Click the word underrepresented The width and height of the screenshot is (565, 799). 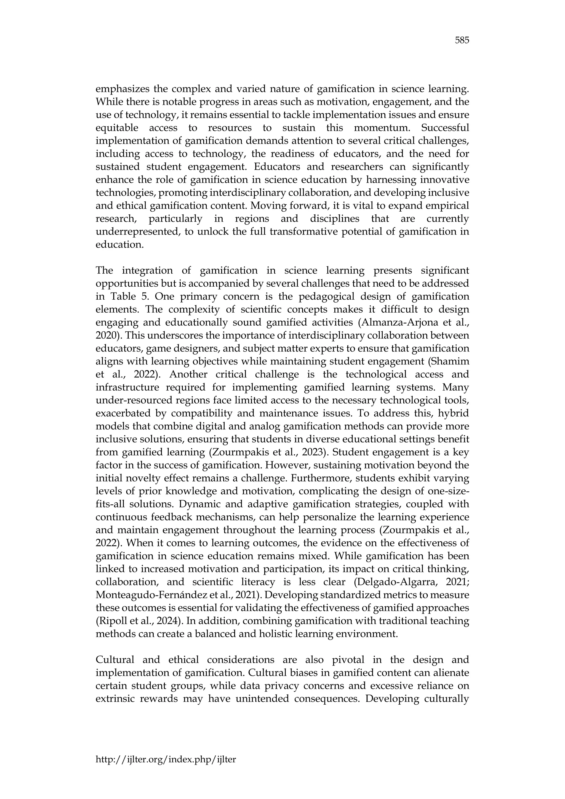pyautogui.click(x=138, y=231)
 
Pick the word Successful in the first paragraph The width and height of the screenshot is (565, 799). pyautogui.click(x=445, y=128)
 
